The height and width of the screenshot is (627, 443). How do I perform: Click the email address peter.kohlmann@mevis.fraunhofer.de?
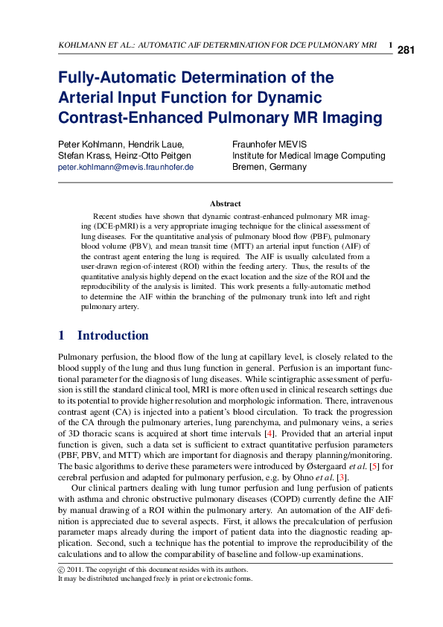point(126,168)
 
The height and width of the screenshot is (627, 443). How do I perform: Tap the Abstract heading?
point(225,203)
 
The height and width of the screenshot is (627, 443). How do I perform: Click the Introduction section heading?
point(112,335)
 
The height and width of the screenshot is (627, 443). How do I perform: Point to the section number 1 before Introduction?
point(61,335)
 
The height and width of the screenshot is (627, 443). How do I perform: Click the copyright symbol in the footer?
point(61,570)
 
